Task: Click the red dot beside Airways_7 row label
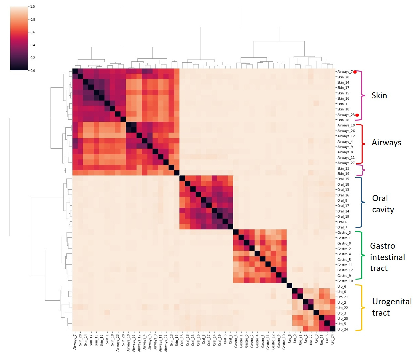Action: [355, 72]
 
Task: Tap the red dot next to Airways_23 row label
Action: [357, 115]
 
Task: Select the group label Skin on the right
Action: [379, 96]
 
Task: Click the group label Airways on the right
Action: [386, 143]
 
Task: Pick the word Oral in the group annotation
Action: [380, 198]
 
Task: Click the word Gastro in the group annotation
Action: [382, 246]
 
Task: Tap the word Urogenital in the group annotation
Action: [392, 302]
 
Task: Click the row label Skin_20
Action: [343, 77]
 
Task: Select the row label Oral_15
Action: [343, 179]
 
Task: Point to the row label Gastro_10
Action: [345, 281]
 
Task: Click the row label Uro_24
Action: [342, 329]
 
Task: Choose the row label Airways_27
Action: [346, 163]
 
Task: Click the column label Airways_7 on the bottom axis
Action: [75, 341]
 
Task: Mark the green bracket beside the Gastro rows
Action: [362, 255]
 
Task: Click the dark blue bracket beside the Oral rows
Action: [362, 202]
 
